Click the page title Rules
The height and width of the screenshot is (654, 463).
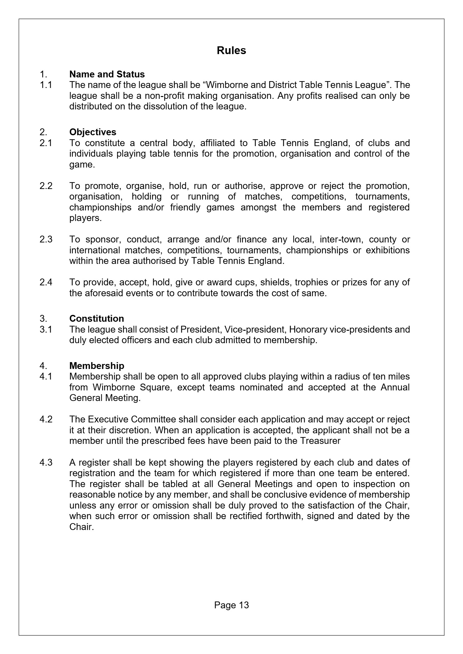(231, 51)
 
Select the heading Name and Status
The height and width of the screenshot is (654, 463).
(107, 74)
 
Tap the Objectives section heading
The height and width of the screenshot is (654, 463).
(93, 132)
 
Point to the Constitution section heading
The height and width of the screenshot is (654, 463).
(96, 319)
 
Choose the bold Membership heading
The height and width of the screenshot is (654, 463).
(96, 366)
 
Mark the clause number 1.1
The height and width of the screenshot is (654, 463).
(46, 85)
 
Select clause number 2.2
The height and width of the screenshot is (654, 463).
(46, 186)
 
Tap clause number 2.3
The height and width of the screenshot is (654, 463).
(46, 239)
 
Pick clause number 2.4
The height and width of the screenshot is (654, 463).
(46, 282)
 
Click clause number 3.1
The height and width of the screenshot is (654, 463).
(46, 329)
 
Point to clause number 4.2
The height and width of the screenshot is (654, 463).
(46, 419)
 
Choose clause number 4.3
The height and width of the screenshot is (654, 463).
(46, 463)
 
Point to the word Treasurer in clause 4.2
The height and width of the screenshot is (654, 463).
(320, 441)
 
